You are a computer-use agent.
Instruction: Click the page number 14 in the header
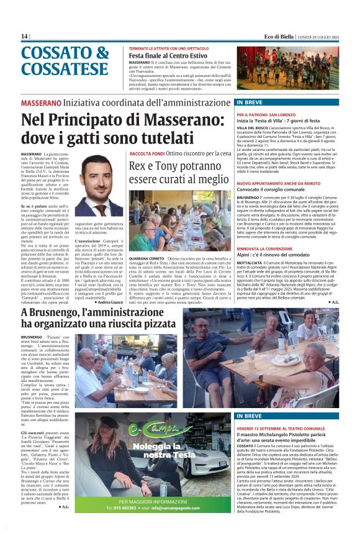24,36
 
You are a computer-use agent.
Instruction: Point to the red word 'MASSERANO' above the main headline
40,102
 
